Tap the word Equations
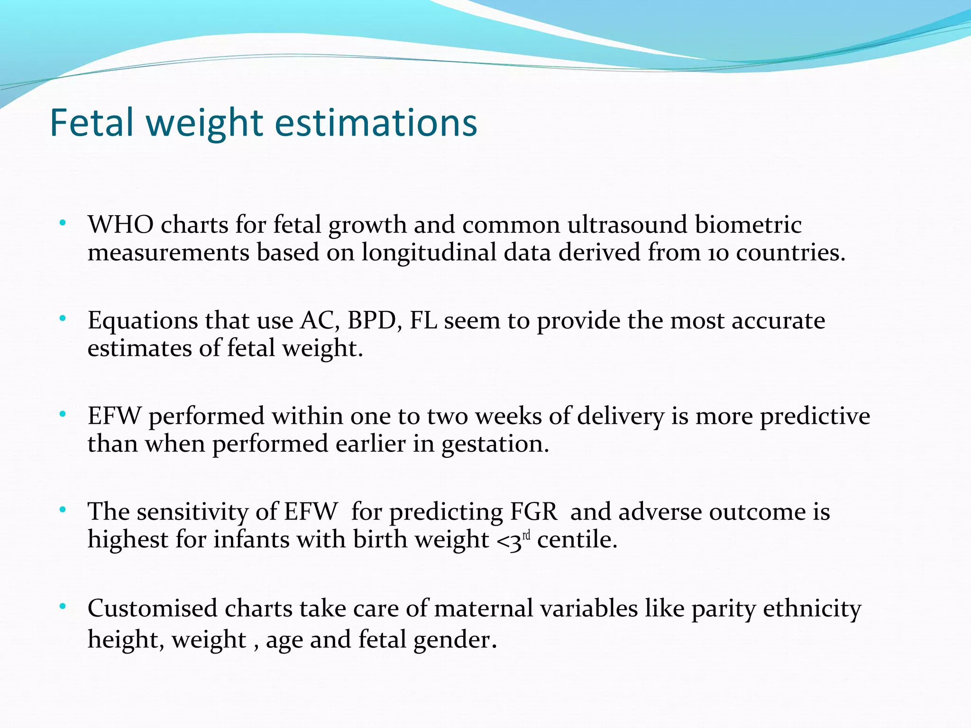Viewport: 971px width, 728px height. (143, 321)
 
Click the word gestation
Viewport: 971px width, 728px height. (495, 444)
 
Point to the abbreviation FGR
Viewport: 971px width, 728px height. (533, 512)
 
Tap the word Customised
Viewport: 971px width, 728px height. (152, 609)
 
